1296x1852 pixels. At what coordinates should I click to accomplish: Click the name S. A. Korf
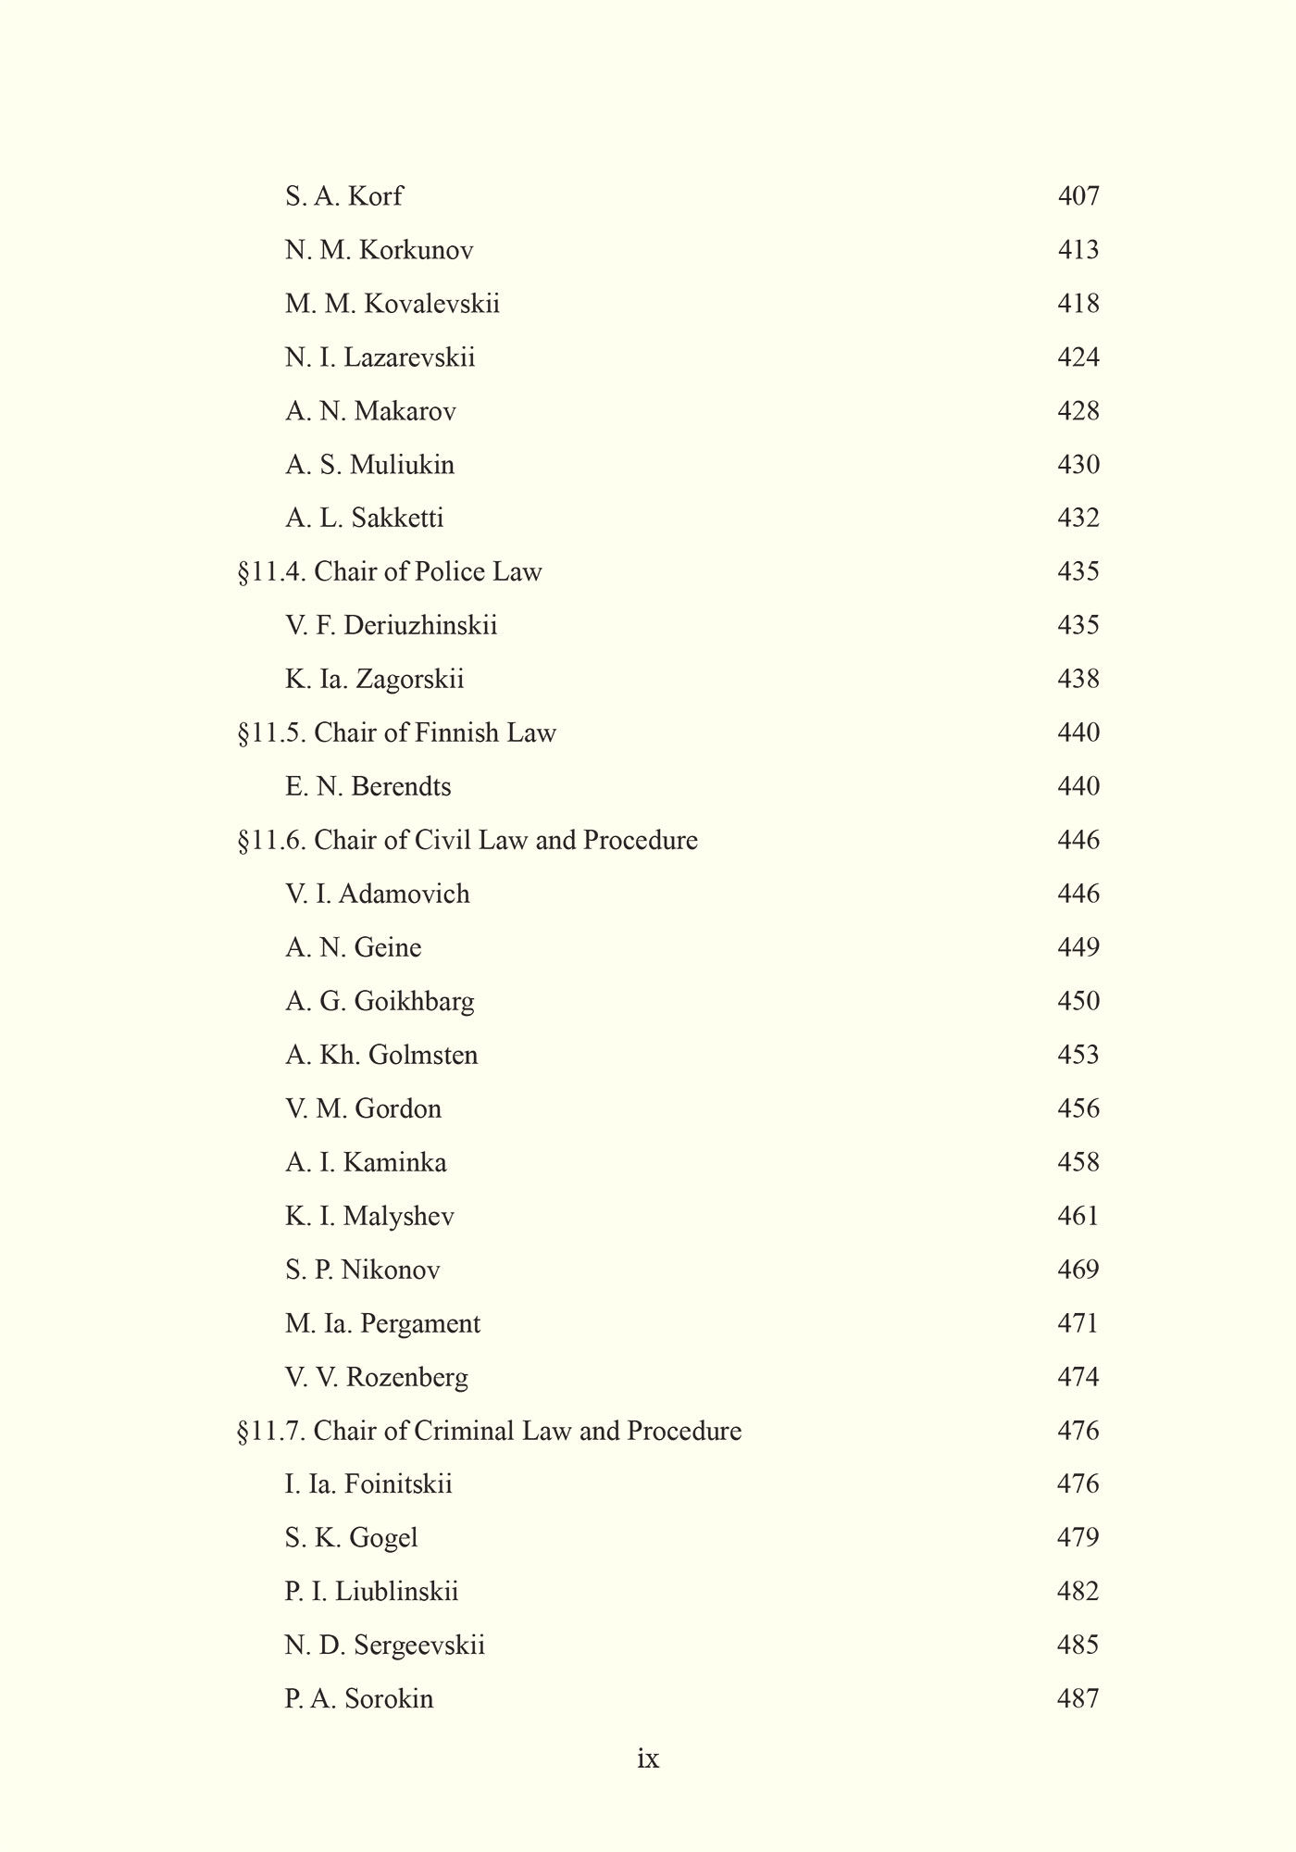pos(343,196)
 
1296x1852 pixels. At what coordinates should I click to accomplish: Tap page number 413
pos(1078,250)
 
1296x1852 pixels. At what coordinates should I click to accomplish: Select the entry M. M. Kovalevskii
pos(392,304)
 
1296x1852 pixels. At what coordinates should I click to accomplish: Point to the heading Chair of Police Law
pos(427,571)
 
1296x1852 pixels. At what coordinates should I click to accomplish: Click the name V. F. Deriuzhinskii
pos(391,626)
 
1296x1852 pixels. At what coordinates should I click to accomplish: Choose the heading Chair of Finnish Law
pos(434,733)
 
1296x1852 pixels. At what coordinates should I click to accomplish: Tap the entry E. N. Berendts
pos(368,787)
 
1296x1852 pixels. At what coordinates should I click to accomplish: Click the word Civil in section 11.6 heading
pos(442,840)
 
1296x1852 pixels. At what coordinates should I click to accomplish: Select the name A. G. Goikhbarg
pos(380,1001)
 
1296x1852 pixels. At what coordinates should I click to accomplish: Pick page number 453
pos(1078,1055)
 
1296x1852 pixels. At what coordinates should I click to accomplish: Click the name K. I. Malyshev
pos(369,1216)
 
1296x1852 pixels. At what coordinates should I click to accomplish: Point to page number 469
pos(1078,1270)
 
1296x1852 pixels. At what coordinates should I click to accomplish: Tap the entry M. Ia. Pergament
pos(382,1324)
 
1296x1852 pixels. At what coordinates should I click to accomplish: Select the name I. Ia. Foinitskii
pos(368,1484)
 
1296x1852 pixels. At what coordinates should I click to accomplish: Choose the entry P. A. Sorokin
pos(359,1699)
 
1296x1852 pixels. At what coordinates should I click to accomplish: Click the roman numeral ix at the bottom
pos(648,1758)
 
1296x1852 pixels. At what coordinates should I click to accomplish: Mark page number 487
pos(1078,1699)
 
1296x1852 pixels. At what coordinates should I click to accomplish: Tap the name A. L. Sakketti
pos(364,518)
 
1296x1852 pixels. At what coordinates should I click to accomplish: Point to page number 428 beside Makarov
pos(1078,411)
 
